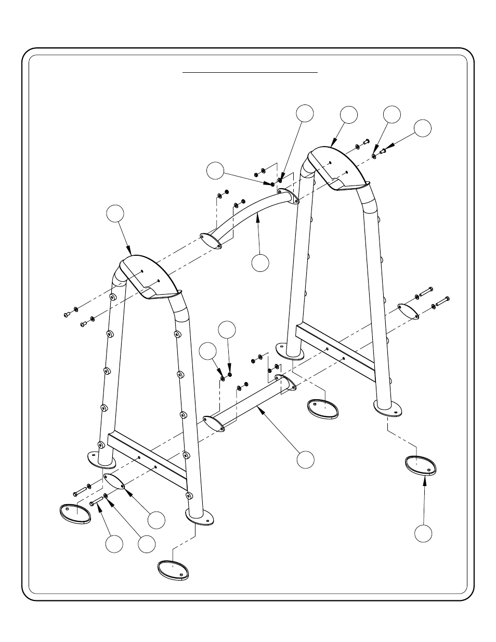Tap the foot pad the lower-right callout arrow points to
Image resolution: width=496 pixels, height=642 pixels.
click(x=422, y=465)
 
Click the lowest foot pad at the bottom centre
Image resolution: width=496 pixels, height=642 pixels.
click(x=173, y=569)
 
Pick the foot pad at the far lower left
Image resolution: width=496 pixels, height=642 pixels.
click(x=75, y=513)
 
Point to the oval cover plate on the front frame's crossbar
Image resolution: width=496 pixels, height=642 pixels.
click(x=114, y=481)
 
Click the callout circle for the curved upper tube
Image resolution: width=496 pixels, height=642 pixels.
click(x=260, y=263)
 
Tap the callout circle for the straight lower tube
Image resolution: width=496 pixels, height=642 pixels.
click(x=306, y=459)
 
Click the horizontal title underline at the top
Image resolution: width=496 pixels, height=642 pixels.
click(x=250, y=73)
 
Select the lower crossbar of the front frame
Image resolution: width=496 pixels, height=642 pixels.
click(x=147, y=460)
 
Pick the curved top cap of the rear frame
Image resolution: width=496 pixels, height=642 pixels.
click(x=338, y=166)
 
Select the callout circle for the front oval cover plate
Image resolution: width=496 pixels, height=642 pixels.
click(x=156, y=519)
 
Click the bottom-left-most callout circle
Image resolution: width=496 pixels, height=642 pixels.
click(x=114, y=544)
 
